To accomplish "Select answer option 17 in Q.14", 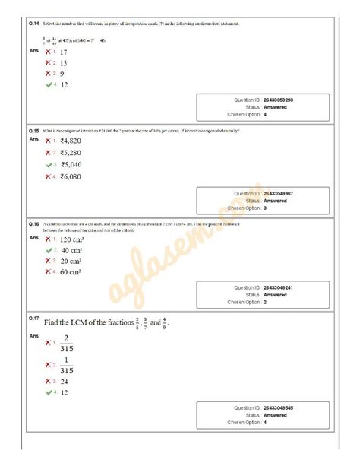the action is (65, 52).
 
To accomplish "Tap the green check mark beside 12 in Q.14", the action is (49, 84).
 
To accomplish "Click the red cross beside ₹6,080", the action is (49, 176).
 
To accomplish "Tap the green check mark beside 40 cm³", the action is (49, 249).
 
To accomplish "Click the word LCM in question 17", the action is (81, 324).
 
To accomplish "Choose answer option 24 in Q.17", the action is (65, 382).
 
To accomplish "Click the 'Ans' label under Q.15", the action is (34, 140).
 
